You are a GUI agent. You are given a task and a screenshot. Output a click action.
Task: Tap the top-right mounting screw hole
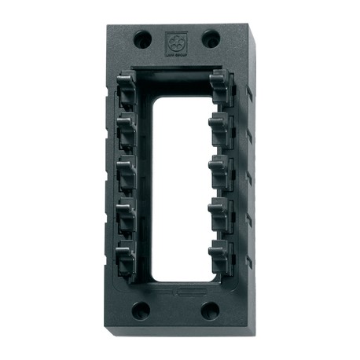(210, 38)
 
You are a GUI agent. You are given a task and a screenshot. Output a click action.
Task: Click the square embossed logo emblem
(174, 40)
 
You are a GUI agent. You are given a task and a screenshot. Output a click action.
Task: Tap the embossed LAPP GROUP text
(174, 53)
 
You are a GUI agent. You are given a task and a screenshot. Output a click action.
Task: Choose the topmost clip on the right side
(222, 87)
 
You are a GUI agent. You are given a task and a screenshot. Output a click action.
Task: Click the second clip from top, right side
(222, 127)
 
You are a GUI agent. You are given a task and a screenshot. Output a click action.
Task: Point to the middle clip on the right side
(222, 170)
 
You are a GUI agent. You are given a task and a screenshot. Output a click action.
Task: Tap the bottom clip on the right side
(222, 256)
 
